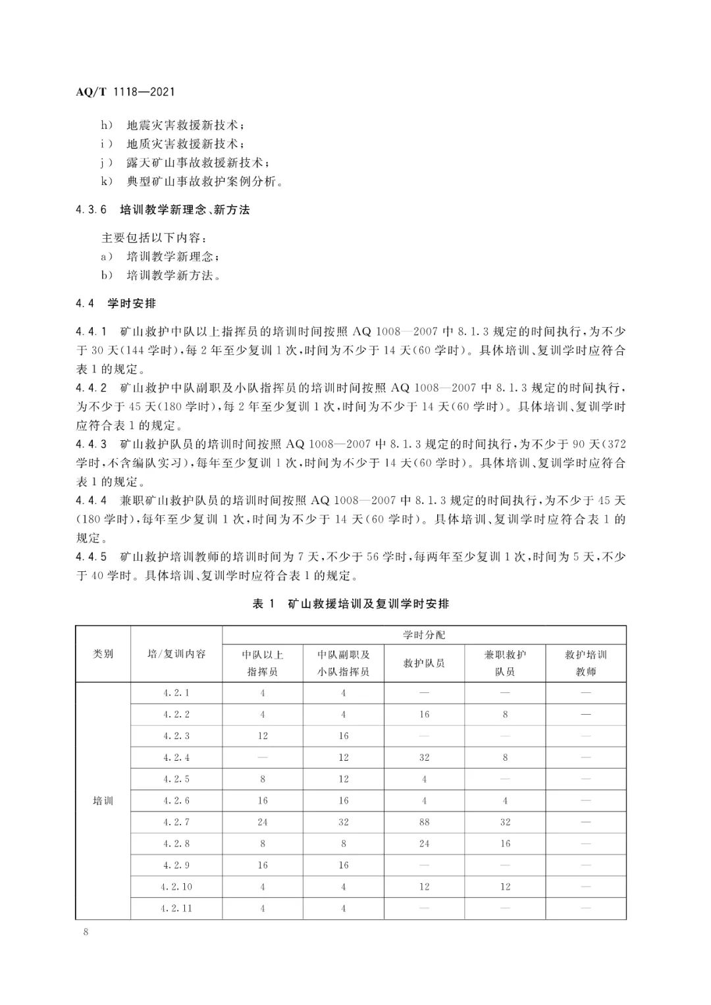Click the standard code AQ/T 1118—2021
(125, 92)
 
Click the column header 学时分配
(424, 635)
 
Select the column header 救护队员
(424, 663)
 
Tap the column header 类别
(103, 654)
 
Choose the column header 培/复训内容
(176, 654)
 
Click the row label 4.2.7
(176, 822)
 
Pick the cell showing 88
(424, 822)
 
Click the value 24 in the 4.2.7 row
(263, 822)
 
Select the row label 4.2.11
(176, 908)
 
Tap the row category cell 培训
(103, 801)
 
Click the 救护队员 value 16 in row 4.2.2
(424, 714)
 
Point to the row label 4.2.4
(176, 758)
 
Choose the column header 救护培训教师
(586, 663)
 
